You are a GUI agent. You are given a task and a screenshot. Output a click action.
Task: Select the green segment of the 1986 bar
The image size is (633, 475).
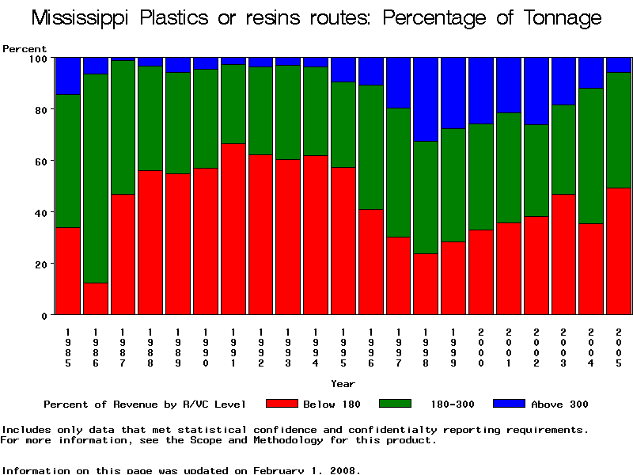pos(95,178)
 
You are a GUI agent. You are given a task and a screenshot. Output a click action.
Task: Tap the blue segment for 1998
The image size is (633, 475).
pos(426,99)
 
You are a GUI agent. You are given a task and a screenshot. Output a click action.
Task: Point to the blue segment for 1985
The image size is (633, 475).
pos(68,76)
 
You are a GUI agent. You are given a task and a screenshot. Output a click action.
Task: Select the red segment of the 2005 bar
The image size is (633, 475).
pos(619,251)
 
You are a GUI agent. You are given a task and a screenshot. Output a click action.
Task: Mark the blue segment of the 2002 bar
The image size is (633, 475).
pos(536,91)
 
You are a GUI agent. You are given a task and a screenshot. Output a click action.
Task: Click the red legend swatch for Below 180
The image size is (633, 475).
pos(282,404)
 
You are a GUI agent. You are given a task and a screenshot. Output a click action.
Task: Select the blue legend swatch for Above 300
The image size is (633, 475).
pos(509,404)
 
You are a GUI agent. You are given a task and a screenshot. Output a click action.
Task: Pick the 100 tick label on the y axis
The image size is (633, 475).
pos(38,58)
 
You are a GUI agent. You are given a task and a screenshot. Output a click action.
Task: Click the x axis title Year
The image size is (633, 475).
pos(343,384)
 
